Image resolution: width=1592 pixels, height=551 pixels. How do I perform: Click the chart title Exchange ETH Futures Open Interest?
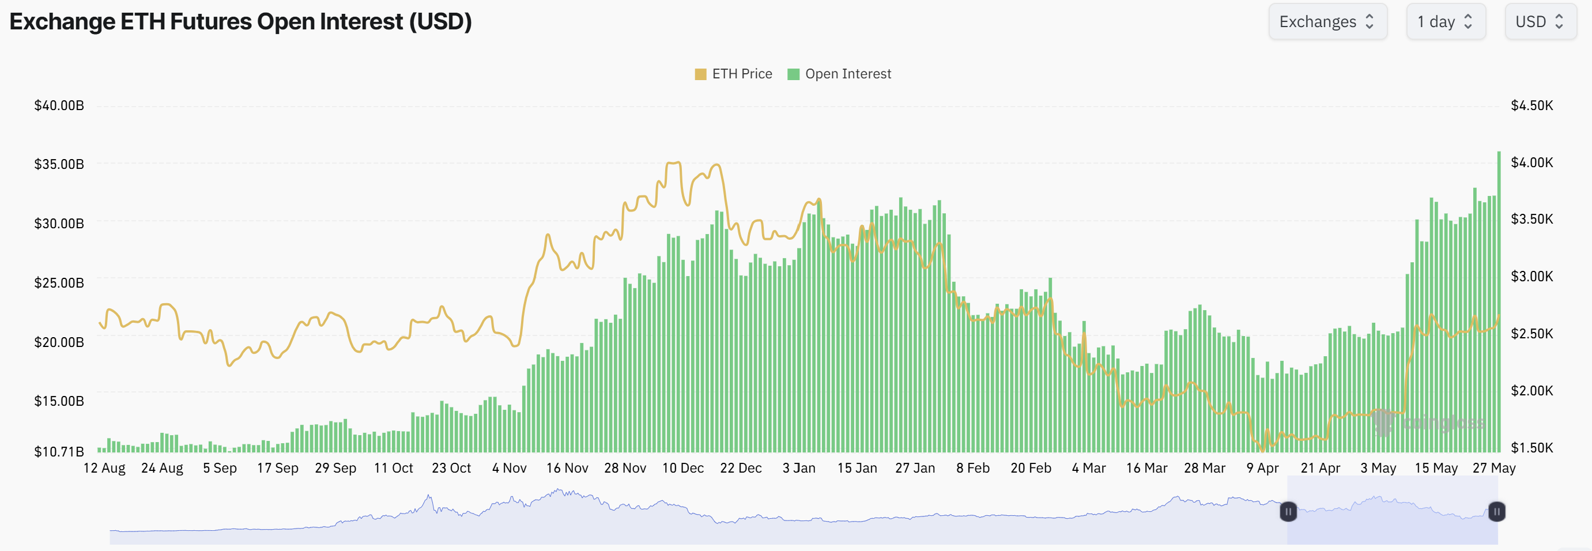pos(240,22)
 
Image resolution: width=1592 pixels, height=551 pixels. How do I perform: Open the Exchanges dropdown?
pos(1327,22)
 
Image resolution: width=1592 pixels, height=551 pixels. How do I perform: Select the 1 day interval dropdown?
pos(1445,22)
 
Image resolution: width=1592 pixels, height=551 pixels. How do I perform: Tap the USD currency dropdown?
pos(1540,22)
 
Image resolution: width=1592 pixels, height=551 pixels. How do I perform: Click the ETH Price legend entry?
pos(734,74)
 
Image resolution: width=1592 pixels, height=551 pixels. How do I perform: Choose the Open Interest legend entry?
pos(840,74)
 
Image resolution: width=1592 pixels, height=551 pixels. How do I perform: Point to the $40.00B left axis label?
pos(59,105)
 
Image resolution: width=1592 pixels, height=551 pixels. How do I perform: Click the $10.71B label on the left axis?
pos(59,451)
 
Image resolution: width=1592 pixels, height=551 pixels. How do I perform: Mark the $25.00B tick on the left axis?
pos(59,283)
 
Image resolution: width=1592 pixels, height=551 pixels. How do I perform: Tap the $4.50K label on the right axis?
pos(1531,105)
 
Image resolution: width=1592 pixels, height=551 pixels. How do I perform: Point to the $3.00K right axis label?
pos(1531,276)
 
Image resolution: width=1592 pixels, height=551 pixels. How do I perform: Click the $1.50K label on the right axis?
pos(1531,447)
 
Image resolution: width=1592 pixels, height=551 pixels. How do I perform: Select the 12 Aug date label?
pos(104,468)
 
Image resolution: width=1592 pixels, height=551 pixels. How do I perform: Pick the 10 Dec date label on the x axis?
pos(682,468)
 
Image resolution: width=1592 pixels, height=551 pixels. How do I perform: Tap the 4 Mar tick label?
pos(1088,468)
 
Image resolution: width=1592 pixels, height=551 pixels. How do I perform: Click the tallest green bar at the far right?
pos(1499,303)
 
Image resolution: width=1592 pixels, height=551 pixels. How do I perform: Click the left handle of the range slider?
pos(1288,511)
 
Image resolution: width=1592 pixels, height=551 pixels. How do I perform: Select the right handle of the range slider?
pos(1496,511)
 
